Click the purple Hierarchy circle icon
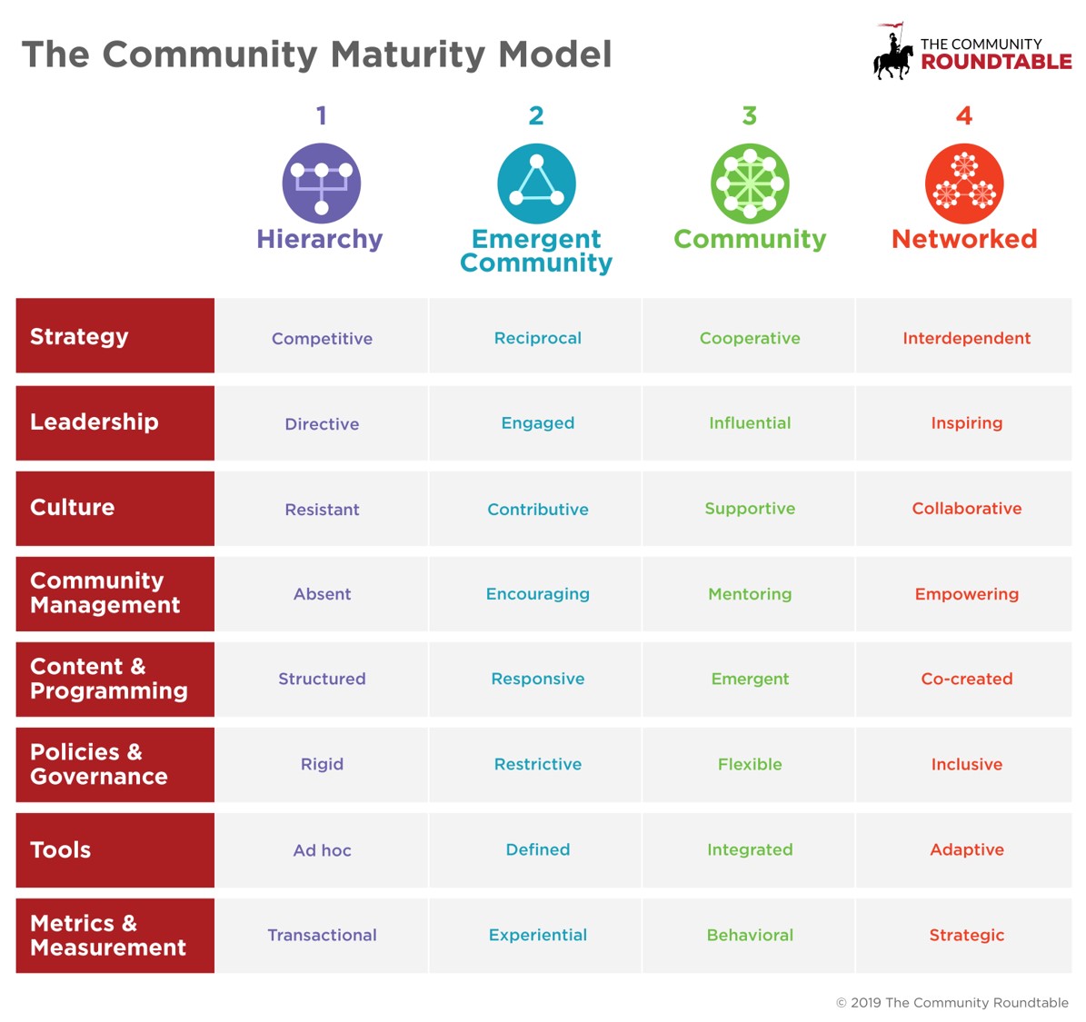pos(322,184)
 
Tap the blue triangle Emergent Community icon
pos(536,184)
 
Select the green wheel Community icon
pos(750,184)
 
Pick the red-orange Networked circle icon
pos(964,184)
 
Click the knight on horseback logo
pos(892,52)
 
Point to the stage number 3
pos(750,115)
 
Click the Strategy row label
pos(79,336)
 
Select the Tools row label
pos(60,849)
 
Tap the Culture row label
pos(72,507)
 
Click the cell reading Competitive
pos(322,339)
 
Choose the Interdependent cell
pos(966,338)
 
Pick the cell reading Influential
pos(750,423)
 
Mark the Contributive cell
pos(537,509)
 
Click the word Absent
pos(322,594)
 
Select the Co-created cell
pos(966,679)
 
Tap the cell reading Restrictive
pos(537,764)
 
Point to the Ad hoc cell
pos(322,850)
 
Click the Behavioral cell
pos(750,936)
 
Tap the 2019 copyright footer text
pos(952,1003)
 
